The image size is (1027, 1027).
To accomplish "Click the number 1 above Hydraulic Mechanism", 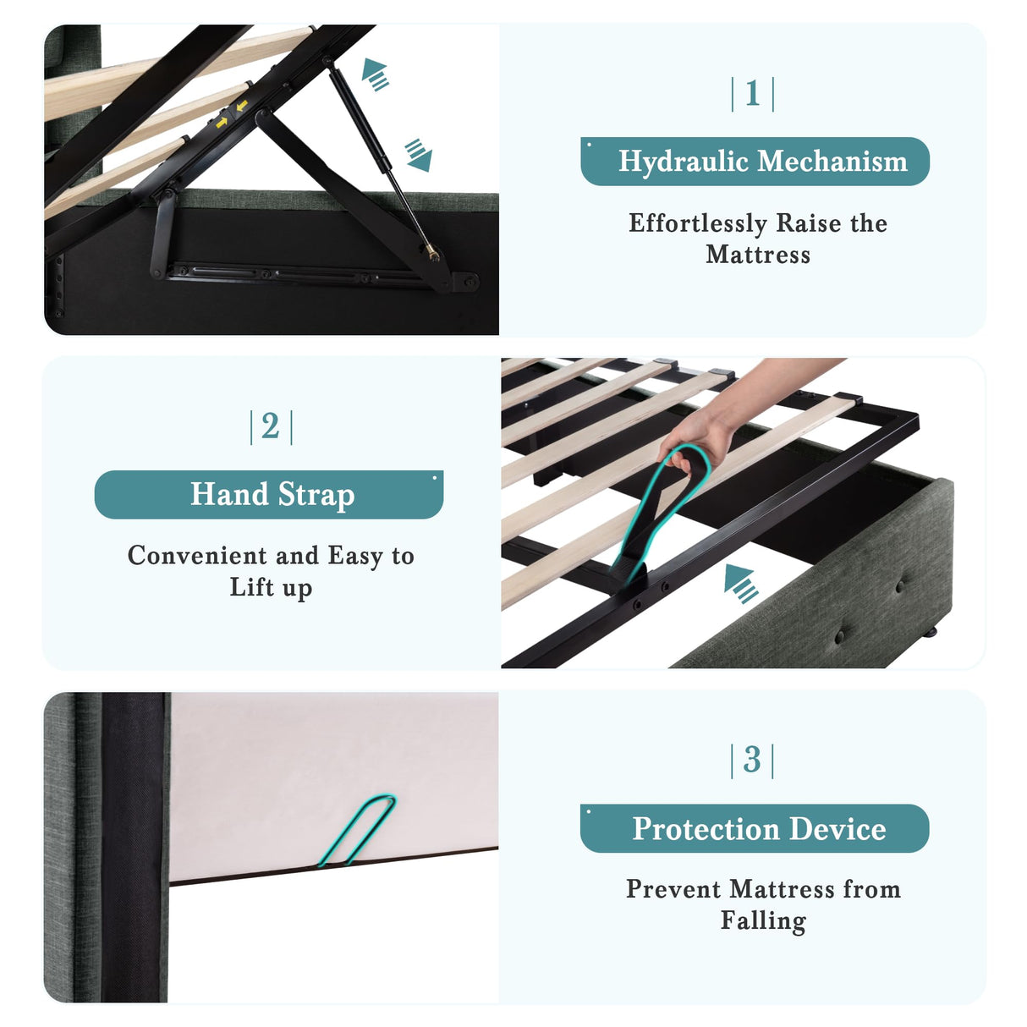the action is tap(752, 94).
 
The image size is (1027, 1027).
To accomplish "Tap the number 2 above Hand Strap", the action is tap(271, 426).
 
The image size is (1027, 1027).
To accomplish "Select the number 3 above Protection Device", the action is tap(752, 760).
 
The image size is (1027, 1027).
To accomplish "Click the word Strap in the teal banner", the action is tap(316, 495).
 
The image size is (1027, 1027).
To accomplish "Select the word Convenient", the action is tap(197, 555).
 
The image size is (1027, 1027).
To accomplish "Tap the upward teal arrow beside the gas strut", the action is tap(375, 74).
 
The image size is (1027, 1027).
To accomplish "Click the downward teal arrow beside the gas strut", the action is tap(419, 155).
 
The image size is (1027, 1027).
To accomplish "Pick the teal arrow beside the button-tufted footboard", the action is tap(741, 584).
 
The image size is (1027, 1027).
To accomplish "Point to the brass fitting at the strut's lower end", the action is tap(432, 252).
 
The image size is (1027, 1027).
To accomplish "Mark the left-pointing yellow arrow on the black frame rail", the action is tap(242, 106).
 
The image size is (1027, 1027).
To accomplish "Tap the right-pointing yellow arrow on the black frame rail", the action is tap(222, 123).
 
